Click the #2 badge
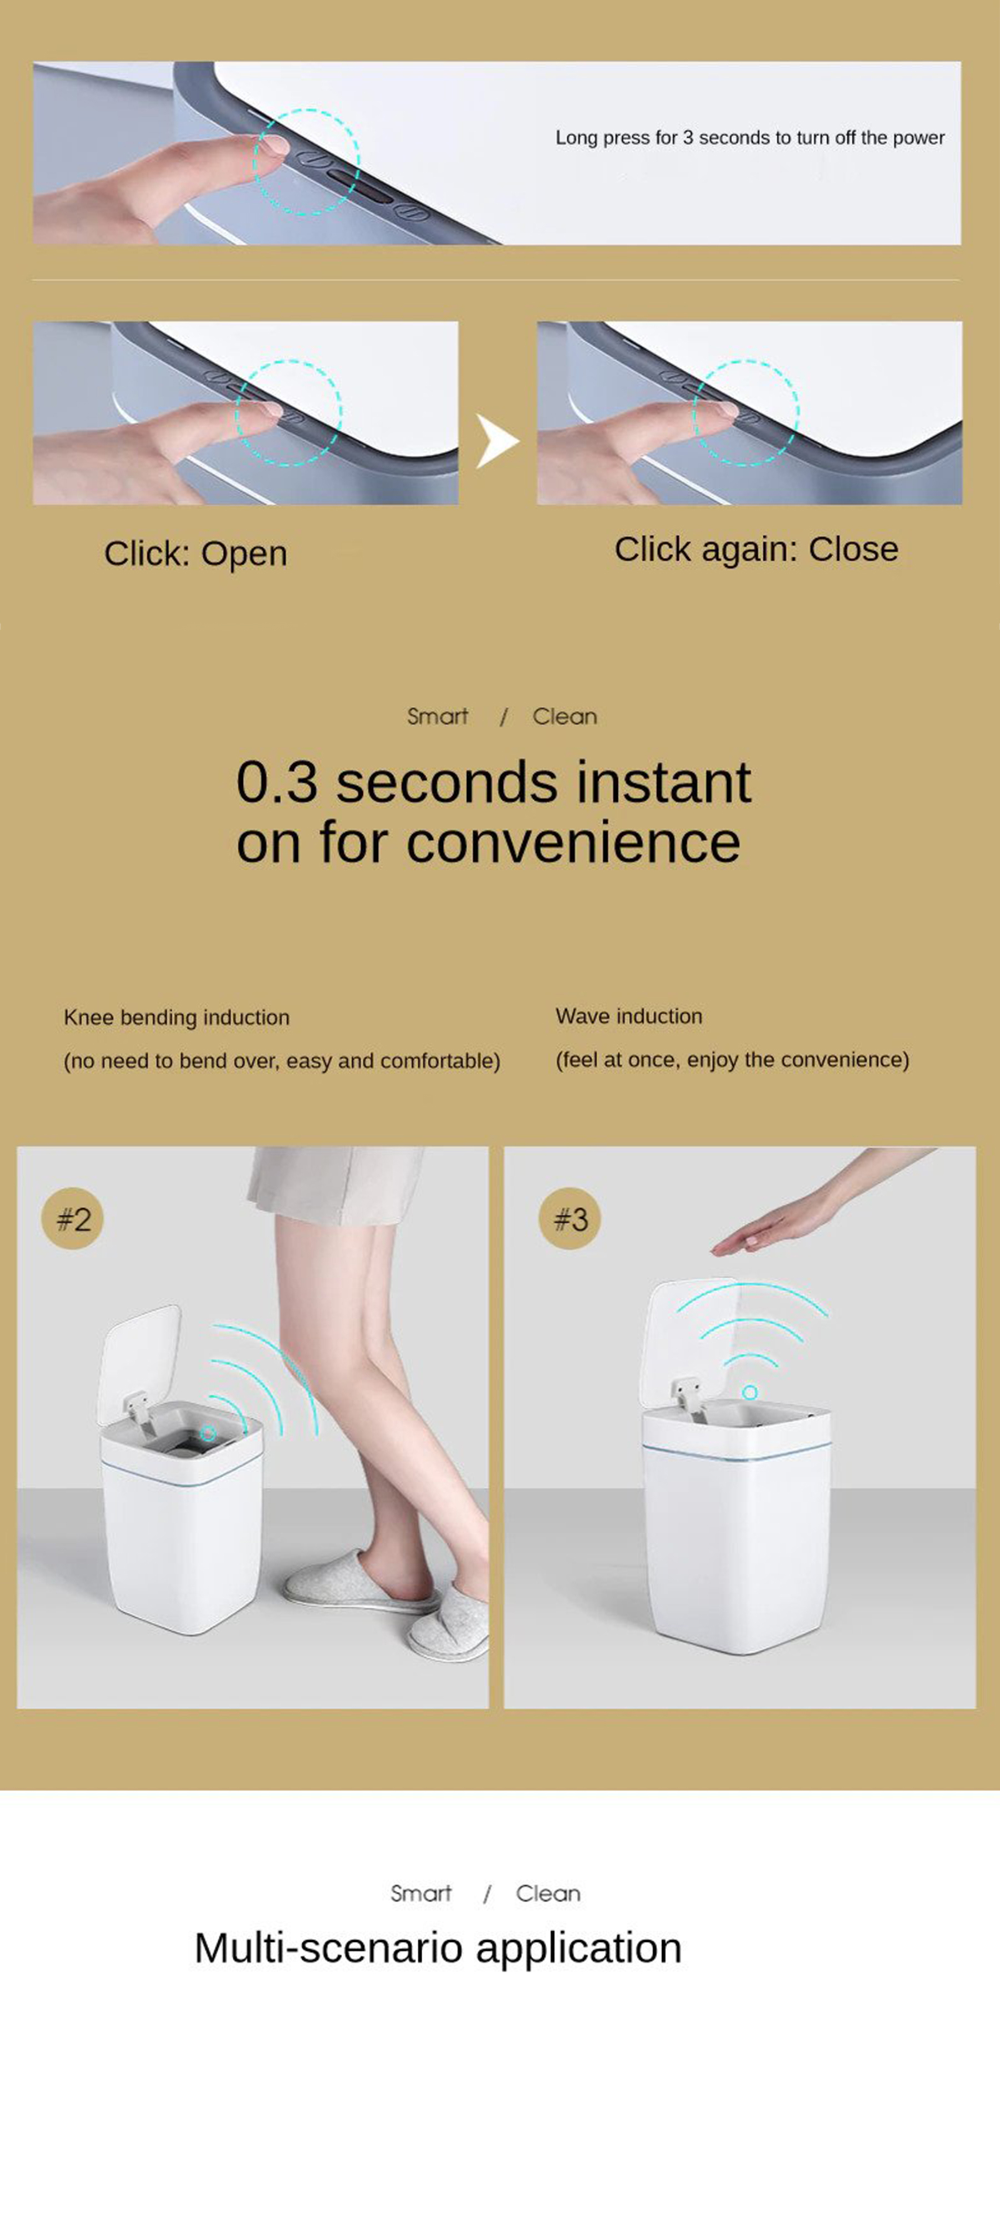point(72,1219)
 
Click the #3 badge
point(569,1219)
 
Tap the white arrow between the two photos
point(498,441)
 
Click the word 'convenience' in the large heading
point(574,843)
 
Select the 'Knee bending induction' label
point(177,1018)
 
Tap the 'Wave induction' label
point(629,1016)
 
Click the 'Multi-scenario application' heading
point(438,1948)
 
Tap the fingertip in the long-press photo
point(275,144)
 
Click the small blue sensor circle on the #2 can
point(208,1433)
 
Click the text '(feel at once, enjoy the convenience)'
point(733,1060)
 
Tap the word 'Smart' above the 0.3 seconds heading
point(437,716)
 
